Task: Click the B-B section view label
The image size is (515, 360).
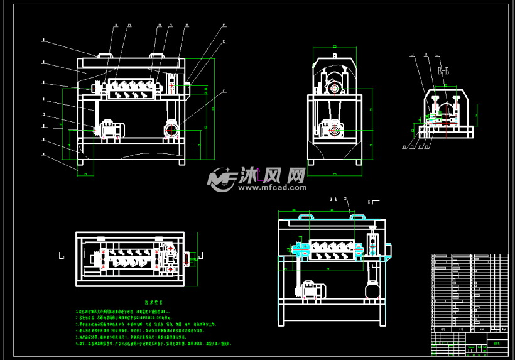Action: point(443,71)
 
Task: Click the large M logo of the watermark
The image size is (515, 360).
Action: point(221,179)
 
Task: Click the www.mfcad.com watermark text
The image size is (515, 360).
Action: point(271,187)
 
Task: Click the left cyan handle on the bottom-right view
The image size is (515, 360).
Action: point(305,217)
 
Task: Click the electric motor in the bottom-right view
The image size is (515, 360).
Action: point(311,290)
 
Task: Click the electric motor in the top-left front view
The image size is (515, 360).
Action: point(110,129)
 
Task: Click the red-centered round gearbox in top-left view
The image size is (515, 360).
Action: point(171,130)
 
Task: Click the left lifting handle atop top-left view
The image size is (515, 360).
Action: point(105,56)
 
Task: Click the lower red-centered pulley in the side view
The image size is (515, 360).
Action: point(334,130)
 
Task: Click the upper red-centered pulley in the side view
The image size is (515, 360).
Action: point(334,89)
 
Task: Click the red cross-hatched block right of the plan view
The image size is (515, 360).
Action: point(186,259)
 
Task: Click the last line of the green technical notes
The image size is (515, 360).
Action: point(153,344)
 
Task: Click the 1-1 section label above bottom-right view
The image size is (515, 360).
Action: point(333,199)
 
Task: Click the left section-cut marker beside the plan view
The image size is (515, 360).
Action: point(61,256)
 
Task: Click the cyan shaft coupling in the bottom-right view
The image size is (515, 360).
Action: point(298,251)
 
